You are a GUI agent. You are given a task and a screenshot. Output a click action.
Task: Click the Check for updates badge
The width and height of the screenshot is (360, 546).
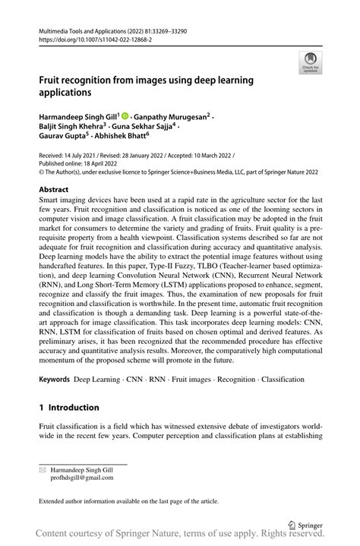coord(311,63)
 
